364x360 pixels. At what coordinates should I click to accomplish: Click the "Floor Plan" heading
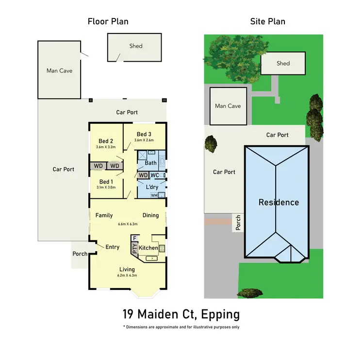[x=108, y=21]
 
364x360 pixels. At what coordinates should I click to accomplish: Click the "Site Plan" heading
[x=267, y=21]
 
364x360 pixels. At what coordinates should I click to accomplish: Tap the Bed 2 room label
[x=105, y=141]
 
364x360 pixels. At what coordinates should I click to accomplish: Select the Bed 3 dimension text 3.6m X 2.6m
[x=144, y=140]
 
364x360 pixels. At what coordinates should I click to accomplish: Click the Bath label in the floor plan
[x=151, y=163]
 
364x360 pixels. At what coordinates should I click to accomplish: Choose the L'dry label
[x=152, y=187]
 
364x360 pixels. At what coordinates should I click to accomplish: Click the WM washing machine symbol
[x=154, y=195]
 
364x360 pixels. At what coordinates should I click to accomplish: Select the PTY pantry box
[x=134, y=248]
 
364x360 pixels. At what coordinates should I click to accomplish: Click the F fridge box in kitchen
[x=134, y=238]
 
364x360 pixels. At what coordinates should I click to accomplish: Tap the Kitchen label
[x=149, y=248]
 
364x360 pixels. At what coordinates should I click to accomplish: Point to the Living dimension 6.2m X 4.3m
[x=127, y=275]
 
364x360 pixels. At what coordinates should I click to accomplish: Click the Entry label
[x=112, y=247]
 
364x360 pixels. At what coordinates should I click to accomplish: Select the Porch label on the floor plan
[x=80, y=254]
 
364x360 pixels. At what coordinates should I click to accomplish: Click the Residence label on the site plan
[x=278, y=202]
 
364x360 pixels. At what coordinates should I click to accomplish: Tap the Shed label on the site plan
[x=283, y=63]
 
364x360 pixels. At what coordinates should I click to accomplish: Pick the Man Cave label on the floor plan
[x=59, y=70]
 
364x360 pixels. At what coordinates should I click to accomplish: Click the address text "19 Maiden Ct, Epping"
[x=181, y=314]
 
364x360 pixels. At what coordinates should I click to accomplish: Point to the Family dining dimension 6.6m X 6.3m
[x=128, y=224]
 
